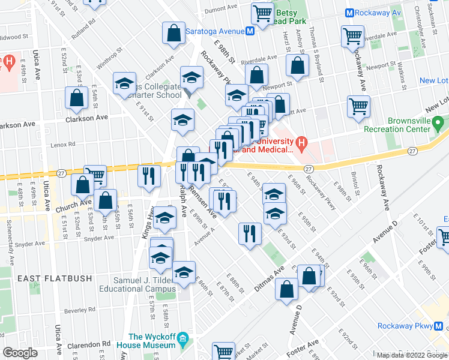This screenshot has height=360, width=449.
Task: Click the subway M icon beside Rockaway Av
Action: [x=349, y=13]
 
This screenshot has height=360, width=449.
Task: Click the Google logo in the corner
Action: [x=20, y=353]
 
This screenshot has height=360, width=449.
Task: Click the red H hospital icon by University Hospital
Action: [x=302, y=143]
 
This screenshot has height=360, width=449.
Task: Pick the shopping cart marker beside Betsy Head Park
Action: [x=262, y=13]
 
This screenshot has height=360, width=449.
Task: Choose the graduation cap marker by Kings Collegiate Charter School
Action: [x=124, y=85]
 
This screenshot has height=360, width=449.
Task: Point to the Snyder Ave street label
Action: [x=99, y=238]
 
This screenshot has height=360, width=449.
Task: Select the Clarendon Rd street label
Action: [x=92, y=344]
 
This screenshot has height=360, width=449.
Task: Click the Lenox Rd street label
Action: [x=63, y=145]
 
